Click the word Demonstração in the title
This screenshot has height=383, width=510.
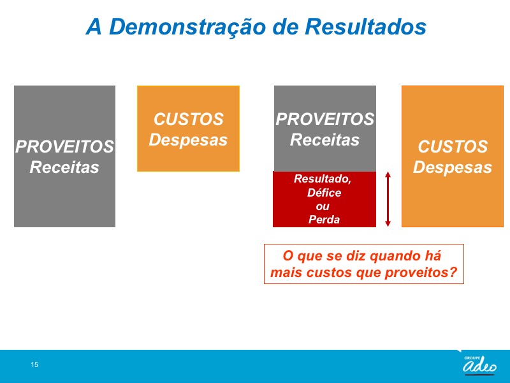188,27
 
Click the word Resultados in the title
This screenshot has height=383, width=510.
365,26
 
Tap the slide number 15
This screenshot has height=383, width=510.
34,364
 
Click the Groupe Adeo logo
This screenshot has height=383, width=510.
479,364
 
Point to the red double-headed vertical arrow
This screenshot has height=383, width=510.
388,199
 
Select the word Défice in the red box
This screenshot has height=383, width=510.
324,193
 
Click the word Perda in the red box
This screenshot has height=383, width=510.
324,220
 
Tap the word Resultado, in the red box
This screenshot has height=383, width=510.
323,179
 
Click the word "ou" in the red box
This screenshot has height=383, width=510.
323,206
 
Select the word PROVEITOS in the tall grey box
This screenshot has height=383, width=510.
64,147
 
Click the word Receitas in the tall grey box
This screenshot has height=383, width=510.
64,167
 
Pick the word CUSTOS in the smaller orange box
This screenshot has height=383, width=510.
188,119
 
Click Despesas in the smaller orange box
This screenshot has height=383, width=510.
188,140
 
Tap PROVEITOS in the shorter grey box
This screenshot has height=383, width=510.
325,119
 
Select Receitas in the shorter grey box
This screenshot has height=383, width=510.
324,140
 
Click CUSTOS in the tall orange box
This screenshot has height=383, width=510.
453,147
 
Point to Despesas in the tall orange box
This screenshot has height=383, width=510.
453,167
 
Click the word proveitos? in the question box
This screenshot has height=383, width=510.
421,273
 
